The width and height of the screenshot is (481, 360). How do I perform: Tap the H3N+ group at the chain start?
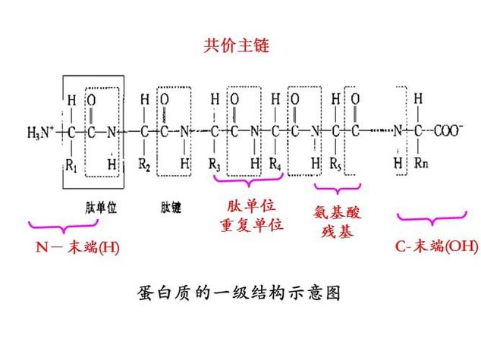pos(41,133)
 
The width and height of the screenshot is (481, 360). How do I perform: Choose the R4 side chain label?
pos(275,162)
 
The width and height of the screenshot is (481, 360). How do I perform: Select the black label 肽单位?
pos(101,206)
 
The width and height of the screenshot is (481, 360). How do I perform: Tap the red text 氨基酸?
pos(335,213)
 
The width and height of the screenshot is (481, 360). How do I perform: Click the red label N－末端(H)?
pos(78,247)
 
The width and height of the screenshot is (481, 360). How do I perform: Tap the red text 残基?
pos(335,232)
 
